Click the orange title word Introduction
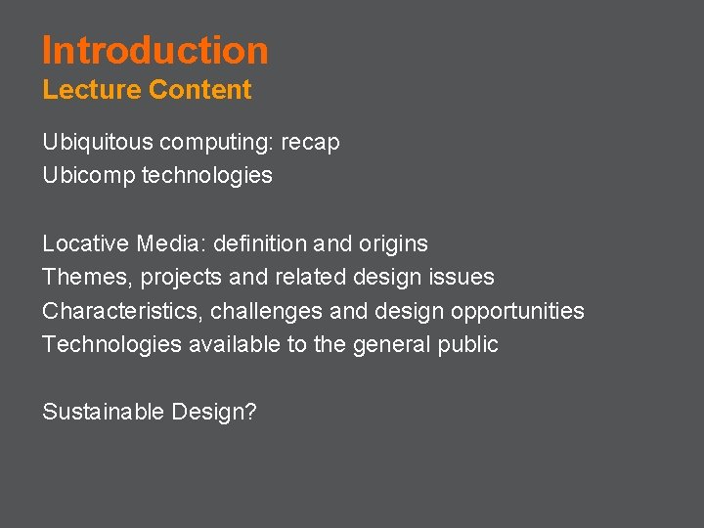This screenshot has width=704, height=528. [x=154, y=50]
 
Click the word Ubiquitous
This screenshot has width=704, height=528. [x=98, y=143]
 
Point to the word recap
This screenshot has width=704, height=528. [x=310, y=143]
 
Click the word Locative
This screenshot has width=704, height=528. [x=86, y=243]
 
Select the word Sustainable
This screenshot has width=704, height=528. [x=103, y=412]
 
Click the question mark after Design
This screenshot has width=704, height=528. [x=250, y=412]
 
